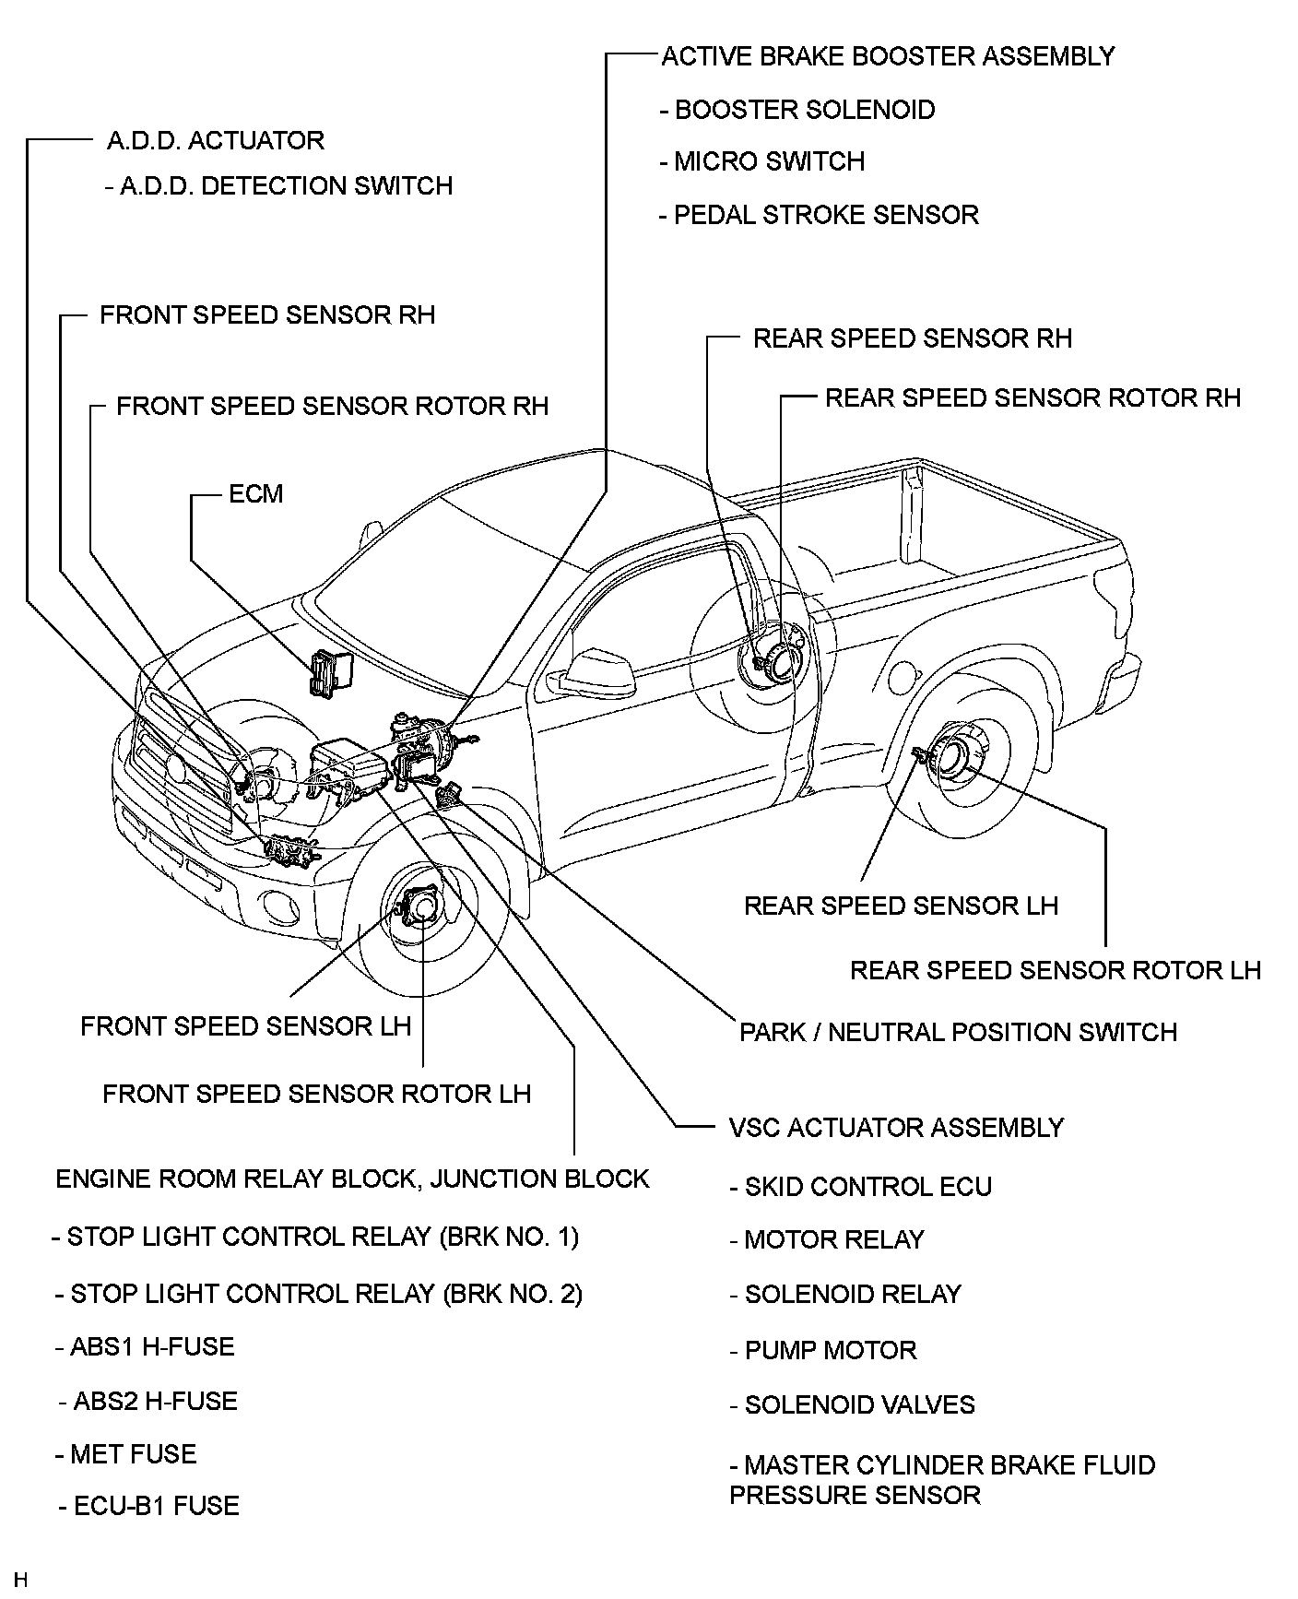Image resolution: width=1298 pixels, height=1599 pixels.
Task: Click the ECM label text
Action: click(x=255, y=493)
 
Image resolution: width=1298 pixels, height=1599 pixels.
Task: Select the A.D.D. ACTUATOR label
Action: click(x=216, y=140)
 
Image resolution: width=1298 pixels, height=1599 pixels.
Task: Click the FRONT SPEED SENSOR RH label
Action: click(x=266, y=314)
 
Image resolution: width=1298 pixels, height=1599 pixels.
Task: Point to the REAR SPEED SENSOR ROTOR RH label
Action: click(x=1032, y=397)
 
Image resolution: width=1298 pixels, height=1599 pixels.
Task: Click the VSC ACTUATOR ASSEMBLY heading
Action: click(x=896, y=1127)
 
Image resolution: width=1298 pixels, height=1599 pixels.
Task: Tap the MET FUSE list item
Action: click(x=126, y=1454)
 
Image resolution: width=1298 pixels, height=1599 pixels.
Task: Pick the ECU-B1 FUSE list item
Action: click(x=149, y=1506)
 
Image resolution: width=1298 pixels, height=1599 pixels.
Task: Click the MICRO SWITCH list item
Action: click(x=762, y=161)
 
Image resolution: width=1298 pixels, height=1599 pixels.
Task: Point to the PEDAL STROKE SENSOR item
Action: click(x=819, y=215)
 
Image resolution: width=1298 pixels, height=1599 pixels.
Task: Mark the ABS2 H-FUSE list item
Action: click(x=148, y=1401)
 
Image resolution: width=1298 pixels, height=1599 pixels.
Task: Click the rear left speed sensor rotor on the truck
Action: click(x=959, y=752)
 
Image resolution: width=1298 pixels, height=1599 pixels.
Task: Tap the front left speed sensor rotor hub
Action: click(x=422, y=907)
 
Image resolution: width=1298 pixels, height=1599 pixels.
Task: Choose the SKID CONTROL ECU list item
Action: click(x=861, y=1186)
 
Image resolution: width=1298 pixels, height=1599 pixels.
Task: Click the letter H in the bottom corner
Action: click(x=21, y=1581)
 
